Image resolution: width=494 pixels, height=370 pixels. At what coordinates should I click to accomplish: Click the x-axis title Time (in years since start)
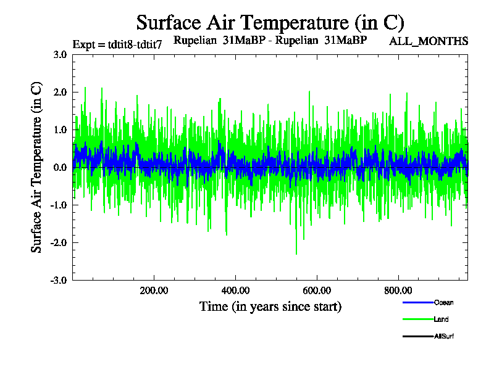270,306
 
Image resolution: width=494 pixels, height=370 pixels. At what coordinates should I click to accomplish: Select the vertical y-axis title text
36,167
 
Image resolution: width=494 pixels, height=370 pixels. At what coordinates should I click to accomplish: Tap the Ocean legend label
443,303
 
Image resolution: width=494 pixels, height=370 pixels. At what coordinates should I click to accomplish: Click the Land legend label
441,319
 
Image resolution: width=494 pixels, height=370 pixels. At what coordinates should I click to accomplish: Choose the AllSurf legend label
444,336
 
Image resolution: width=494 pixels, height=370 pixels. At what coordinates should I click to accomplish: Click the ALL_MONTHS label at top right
429,41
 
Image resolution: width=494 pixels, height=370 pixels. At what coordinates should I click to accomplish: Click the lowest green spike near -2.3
296,253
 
